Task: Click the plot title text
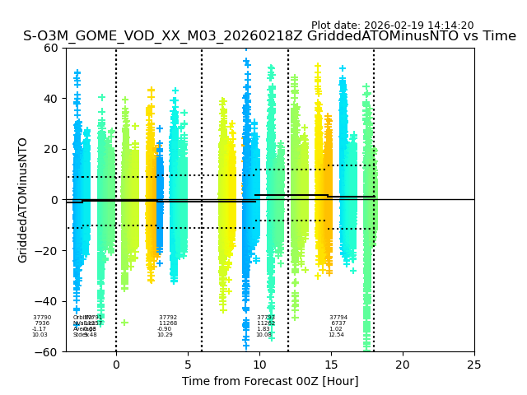[269, 36]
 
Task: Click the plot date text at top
[392, 26]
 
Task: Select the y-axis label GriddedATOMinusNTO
[23, 200]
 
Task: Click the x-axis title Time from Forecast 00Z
[270, 381]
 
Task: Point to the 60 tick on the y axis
[51, 48]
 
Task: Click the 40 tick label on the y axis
[51, 98]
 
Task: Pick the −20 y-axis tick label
[47, 250]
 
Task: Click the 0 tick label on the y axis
[54, 200]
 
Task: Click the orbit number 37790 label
[42, 317]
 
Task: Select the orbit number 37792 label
[168, 317]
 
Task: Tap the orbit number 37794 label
[338, 317]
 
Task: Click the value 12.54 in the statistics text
[336, 335]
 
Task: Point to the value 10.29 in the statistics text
[165, 335]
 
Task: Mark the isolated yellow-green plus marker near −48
[125, 323]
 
